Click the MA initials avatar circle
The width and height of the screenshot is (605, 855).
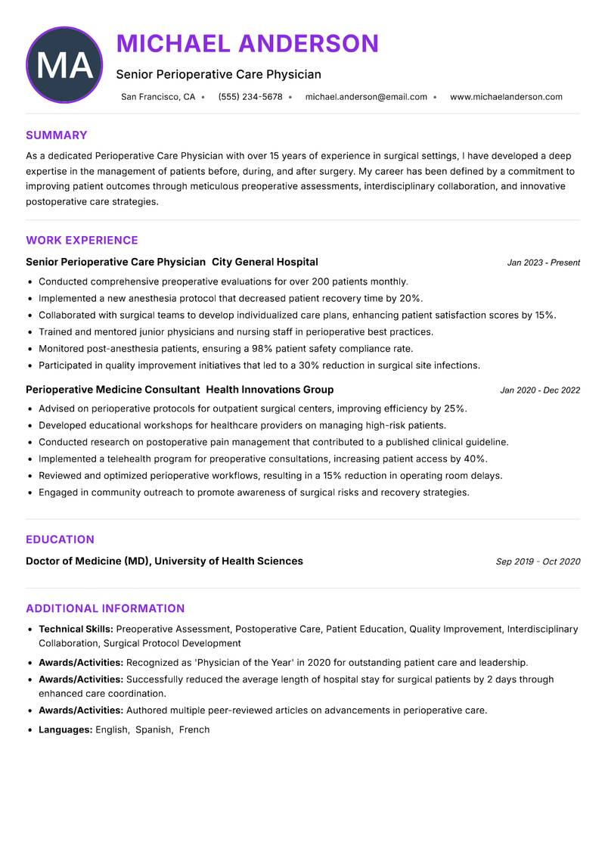point(64,65)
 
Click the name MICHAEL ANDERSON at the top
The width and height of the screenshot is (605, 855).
point(247,44)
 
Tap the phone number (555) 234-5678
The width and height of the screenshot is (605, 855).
point(250,97)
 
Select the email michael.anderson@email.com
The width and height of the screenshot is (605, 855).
point(366,97)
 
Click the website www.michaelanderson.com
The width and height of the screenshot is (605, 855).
point(506,97)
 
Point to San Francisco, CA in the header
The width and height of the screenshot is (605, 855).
point(158,97)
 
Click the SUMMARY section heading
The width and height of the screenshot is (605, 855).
point(57,135)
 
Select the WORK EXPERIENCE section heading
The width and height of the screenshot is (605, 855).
point(82,241)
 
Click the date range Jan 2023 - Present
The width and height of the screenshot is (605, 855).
point(543,263)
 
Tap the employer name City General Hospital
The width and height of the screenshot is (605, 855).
point(265,262)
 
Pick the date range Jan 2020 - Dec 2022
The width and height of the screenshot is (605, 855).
point(540,390)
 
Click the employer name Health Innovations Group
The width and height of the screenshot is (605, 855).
point(269,390)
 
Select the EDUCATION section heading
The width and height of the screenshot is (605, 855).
point(60,539)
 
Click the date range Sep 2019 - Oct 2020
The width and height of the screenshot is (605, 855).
point(538,561)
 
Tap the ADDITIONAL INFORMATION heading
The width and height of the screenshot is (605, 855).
point(105,608)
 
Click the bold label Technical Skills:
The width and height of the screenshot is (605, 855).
point(76,629)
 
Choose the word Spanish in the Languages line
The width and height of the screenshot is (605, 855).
point(154,730)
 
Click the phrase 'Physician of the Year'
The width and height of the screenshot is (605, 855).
point(244,662)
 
